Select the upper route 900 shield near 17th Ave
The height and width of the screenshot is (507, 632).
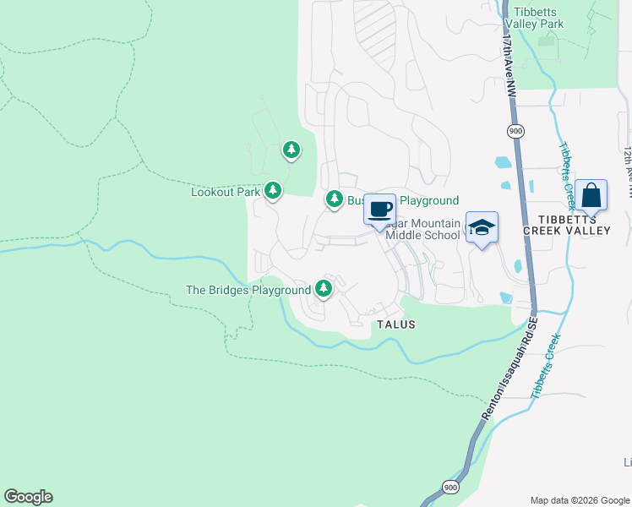tap(515, 131)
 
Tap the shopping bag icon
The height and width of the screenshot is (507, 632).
tap(591, 195)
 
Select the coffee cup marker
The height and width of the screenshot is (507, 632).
tap(380, 209)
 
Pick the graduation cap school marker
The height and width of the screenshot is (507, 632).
tap(482, 226)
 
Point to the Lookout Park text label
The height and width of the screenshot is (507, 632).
tap(226, 192)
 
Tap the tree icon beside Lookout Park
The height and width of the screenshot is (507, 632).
tap(273, 191)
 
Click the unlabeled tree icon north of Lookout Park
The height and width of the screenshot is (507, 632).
tap(291, 150)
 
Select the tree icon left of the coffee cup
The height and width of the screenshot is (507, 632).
tap(335, 199)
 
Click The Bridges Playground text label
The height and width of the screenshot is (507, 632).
tap(248, 290)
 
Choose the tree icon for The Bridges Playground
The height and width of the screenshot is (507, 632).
tap(324, 288)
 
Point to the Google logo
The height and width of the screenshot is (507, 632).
tap(28, 497)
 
